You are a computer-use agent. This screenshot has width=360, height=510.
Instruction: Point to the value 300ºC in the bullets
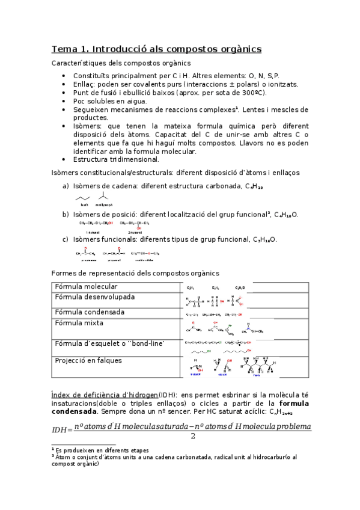click(252, 93)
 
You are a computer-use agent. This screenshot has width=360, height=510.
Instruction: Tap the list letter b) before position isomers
click(66, 214)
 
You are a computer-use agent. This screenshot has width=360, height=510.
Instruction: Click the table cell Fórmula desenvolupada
click(95, 297)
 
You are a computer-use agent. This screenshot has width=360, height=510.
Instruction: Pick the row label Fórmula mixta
click(79, 323)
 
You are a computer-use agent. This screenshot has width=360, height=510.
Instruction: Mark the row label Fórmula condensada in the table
click(90, 312)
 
